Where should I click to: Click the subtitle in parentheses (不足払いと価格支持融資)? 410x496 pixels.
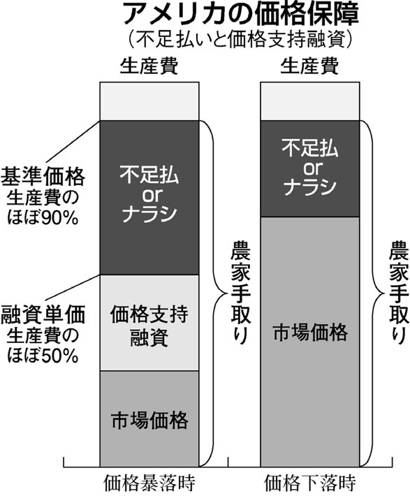(240, 39)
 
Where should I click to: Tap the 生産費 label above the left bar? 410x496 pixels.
(149, 66)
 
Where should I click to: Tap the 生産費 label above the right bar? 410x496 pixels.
(309, 66)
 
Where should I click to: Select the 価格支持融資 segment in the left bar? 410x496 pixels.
(149, 323)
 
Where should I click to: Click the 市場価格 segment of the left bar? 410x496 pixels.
(149, 419)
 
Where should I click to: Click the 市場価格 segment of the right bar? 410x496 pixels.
(310, 342)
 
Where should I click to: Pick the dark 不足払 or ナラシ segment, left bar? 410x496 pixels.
(149, 198)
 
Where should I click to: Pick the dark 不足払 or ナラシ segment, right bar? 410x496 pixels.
(310, 168)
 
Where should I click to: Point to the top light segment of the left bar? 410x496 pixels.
(149, 101)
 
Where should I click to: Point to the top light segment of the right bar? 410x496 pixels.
(310, 101)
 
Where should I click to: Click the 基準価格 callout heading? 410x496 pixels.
(43, 176)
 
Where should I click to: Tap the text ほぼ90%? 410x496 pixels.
(43, 218)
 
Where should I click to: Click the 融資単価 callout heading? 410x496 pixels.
(43, 315)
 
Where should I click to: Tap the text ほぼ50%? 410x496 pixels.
(43, 356)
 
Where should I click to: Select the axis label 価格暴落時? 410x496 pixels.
(149, 483)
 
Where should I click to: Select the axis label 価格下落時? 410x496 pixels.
(310, 483)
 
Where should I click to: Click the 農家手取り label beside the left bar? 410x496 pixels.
(240, 293)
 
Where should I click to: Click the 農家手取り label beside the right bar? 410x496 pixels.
(399, 293)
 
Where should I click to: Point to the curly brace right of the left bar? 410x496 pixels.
(221, 293)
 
